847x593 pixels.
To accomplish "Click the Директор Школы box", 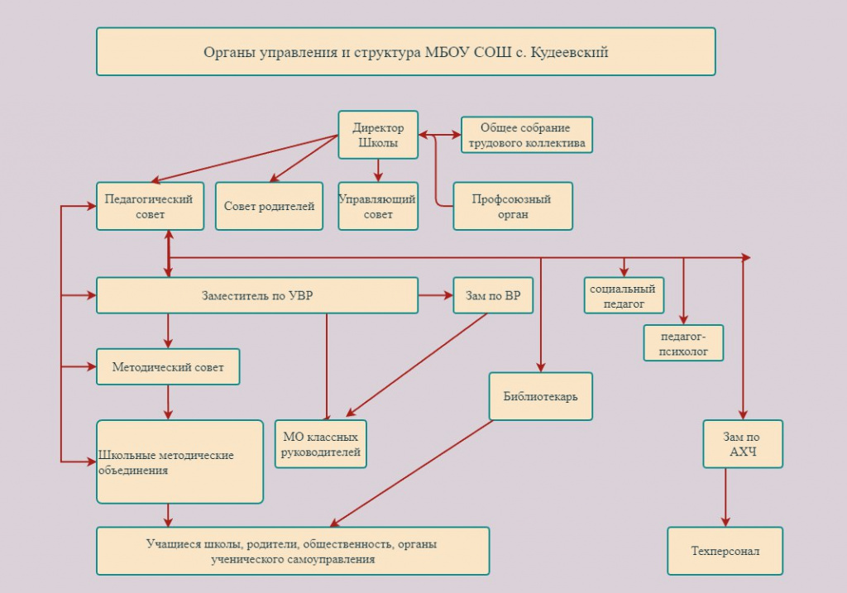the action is [378, 135].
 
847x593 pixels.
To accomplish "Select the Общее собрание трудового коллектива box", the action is [527, 135].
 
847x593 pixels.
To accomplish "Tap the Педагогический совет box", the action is [151, 206].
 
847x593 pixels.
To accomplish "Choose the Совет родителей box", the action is [269, 206].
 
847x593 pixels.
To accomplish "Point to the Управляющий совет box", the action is [378, 206].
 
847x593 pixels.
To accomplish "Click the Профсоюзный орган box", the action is [513, 206].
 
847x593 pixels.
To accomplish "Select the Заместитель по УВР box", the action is [257, 295].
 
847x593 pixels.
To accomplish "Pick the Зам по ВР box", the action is [493, 295].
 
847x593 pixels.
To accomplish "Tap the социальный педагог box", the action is [624, 295].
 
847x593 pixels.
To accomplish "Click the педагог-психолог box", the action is [683, 343].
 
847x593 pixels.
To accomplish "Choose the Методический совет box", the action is [168, 366].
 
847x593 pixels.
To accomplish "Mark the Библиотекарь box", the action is [541, 396].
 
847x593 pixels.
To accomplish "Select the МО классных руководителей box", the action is [321, 444].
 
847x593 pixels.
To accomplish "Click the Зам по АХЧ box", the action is [743, 444].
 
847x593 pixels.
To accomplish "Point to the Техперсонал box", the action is [725, 551].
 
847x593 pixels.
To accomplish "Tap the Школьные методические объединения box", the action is [179, 461].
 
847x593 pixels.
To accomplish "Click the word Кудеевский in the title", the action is [569, 52].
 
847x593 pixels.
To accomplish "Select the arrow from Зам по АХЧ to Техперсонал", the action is [725, 497].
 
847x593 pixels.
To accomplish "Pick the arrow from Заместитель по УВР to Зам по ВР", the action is [436, 295].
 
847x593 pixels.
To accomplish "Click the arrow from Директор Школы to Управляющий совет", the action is [378, 170].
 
